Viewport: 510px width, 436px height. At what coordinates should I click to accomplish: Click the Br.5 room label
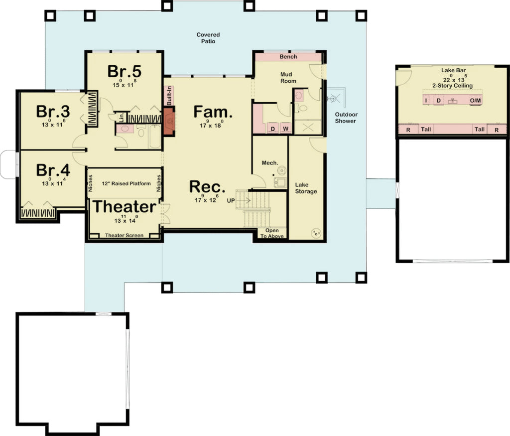[122, 71]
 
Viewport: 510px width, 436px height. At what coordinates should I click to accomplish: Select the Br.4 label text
[52, 170]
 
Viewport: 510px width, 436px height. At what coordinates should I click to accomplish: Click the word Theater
[125, 206]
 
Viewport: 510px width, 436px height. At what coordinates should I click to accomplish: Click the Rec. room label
[207, 187]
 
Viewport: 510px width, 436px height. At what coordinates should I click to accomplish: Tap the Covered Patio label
[208, 38]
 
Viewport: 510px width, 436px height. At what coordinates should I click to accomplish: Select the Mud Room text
[288, 78]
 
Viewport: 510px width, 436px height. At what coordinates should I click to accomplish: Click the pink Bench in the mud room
[288, 57]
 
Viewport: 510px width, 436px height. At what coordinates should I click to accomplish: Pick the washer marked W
[285, 129]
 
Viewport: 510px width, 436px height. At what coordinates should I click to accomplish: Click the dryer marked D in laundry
[273, 129]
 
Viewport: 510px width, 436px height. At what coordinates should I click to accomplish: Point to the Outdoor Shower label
[346, 118]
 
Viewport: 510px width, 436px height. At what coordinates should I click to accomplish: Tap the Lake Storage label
[305, 188]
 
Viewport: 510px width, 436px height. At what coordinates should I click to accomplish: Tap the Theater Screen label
[124, 235]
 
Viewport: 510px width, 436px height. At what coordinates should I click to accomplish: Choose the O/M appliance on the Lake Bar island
[475, 101]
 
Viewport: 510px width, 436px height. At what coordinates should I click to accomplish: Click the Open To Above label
[272, 233]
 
